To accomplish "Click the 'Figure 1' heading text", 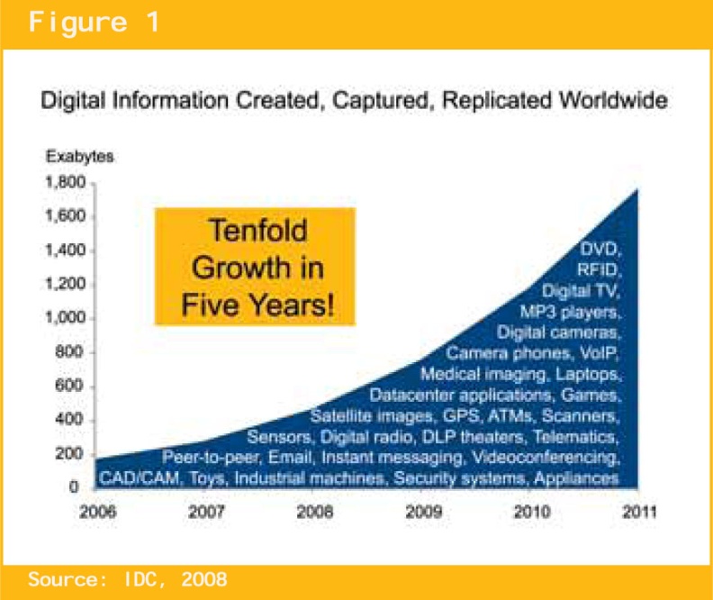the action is click(95, 23).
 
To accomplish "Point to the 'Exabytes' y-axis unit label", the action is click(79, 157).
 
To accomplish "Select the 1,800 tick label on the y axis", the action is click(65, 182).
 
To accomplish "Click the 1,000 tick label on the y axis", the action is click(65, 317).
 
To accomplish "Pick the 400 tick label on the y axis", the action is click(69, 419).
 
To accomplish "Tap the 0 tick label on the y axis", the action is click(74, 486).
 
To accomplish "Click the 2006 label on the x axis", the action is click(98, 513).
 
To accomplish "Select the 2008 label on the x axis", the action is click(315, 513).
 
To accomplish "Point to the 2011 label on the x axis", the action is click(639, 513).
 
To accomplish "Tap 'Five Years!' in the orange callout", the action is click(257, 305).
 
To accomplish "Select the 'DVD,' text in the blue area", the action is click(600, 250).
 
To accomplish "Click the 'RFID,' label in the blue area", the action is click(599, 270).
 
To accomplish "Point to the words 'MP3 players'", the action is click(568, 312).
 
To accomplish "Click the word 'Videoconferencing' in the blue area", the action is click(546, 457).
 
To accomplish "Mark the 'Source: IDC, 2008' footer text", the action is click(127, 579).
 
